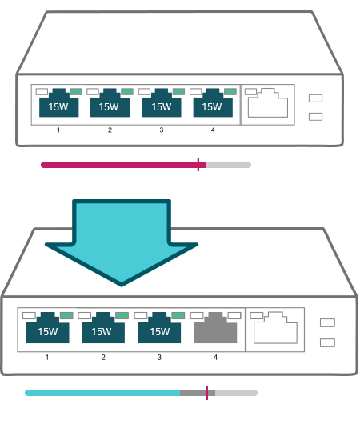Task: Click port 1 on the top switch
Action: click(x=58, y=103)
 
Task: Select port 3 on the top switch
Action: click(x=162, y=103)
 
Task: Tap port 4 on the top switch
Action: click(x=213, y=103)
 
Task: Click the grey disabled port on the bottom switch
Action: click(x=215, y=329)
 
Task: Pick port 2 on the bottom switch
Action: click(x=103, y=329)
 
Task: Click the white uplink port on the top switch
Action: click(x=268, y=103)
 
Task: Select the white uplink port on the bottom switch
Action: click(x=275, y=329)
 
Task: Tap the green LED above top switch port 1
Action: click(x=76, y=91)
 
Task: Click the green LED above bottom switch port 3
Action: click(x=178, y=315)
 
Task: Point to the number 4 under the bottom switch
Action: click(x=215, y=358)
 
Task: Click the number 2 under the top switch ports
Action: click(x=110, y=130)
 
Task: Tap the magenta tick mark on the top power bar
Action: click(x=198, y=165)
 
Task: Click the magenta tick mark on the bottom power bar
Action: click(x=207, y=393)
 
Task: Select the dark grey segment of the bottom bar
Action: click(x=198, y=393)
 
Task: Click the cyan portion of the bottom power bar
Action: click(x=102, y=393)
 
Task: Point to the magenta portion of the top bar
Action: click(x=124, y=165)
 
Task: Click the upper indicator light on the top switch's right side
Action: click(x=315, y=98)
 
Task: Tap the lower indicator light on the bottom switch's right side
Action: click(x=327, y=343)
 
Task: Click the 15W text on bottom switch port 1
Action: click(x=47, y=331)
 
